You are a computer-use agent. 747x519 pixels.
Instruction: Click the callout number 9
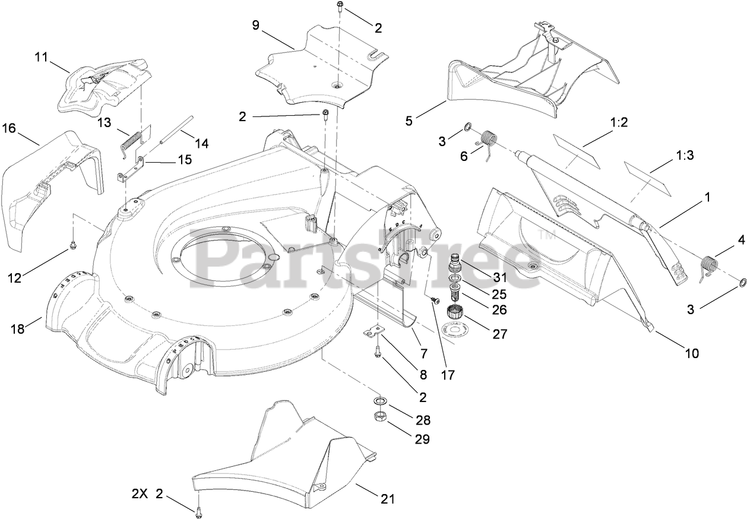(x=256, y=25)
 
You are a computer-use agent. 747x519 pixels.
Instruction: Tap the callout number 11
(x=40, y=58)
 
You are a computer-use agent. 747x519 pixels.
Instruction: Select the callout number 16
(x=8, y=128)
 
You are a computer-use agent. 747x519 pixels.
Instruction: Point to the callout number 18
(x=18, y=328)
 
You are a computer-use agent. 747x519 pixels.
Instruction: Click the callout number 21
(x=387, y=499)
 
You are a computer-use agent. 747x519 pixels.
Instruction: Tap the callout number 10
(x=691, y=353)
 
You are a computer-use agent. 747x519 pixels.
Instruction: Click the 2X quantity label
(x=140, y=493)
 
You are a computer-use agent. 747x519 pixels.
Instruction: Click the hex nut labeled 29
(x=379, y=417)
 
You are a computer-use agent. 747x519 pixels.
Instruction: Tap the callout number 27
(x=499, y=334)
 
